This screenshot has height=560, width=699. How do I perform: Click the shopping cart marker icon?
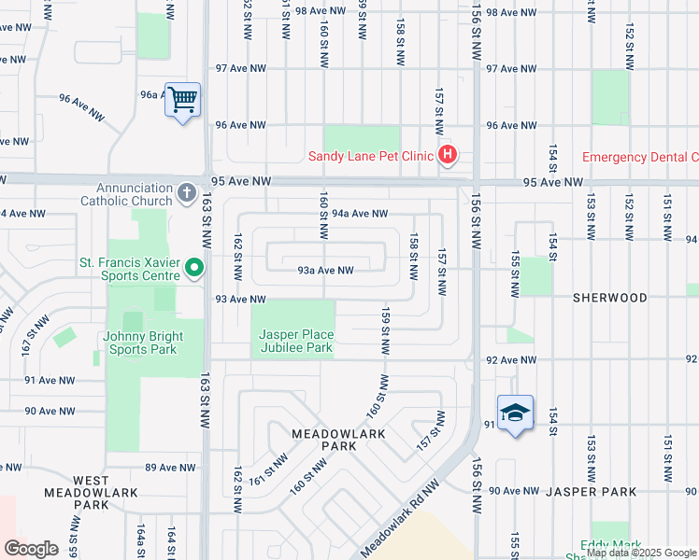click(x=182, y=98)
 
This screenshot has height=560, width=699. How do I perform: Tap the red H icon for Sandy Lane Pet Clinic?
click(x=448, y=155)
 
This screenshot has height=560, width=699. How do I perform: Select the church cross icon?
click(x=186, y=194)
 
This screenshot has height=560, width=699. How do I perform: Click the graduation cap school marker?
click(x=515, y=413)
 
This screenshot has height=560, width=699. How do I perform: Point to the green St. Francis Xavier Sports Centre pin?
click(x=194, y=269)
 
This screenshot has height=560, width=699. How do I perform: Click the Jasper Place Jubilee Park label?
click(x=294, y=341)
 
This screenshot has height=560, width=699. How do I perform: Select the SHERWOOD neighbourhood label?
click(x=610, y=298)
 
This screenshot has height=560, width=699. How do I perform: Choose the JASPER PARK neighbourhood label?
click(x=591, y=491)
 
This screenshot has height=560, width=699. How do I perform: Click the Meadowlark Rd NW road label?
click(x=400, y=515)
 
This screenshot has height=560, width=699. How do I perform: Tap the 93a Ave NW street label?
click(x=325, y=271)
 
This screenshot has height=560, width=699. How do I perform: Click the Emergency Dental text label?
click(x=639, y=157)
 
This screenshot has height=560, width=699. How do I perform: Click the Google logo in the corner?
click(x=31, y=549)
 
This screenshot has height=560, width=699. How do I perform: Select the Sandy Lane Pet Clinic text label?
click(x=371, y=156)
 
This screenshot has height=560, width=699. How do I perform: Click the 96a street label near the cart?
click(x=151, y=94)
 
